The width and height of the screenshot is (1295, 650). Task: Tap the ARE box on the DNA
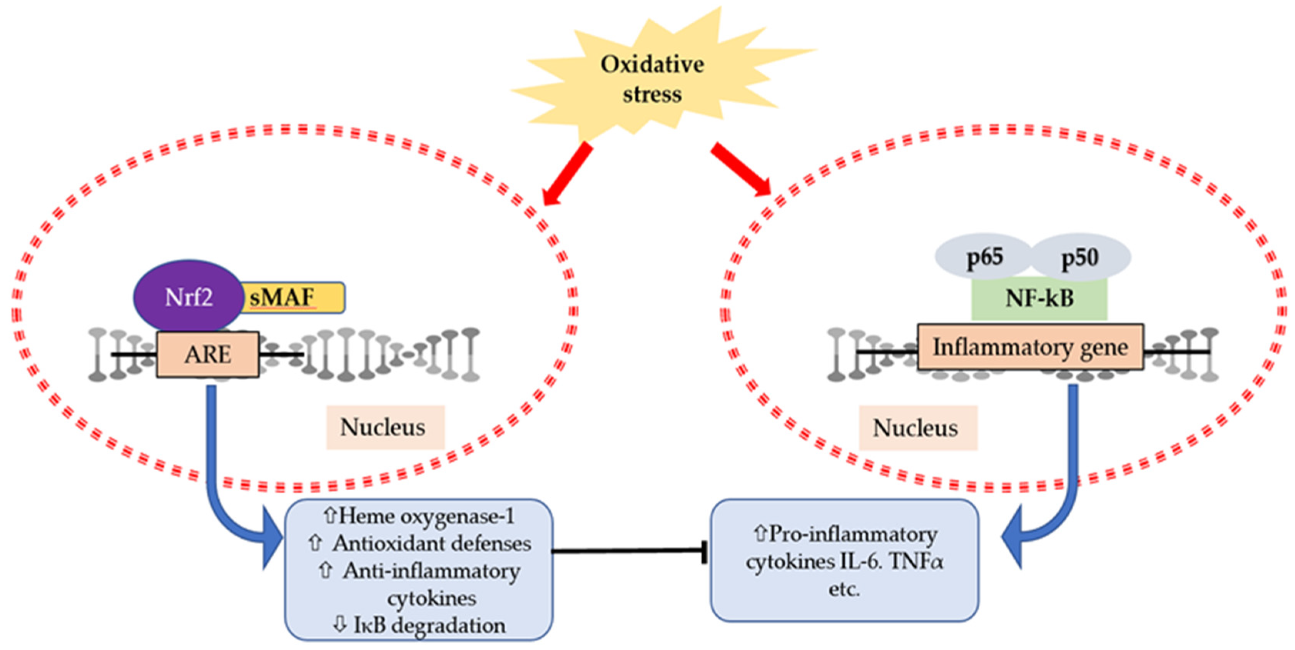207,354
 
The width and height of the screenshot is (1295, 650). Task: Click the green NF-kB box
1039,299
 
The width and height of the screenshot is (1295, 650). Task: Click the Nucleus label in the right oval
917,428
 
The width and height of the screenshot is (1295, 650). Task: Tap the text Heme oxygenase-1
426,517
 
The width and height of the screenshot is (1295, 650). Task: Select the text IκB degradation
430,625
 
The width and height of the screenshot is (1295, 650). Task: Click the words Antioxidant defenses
431,544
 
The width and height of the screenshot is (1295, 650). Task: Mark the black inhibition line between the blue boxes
628,551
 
